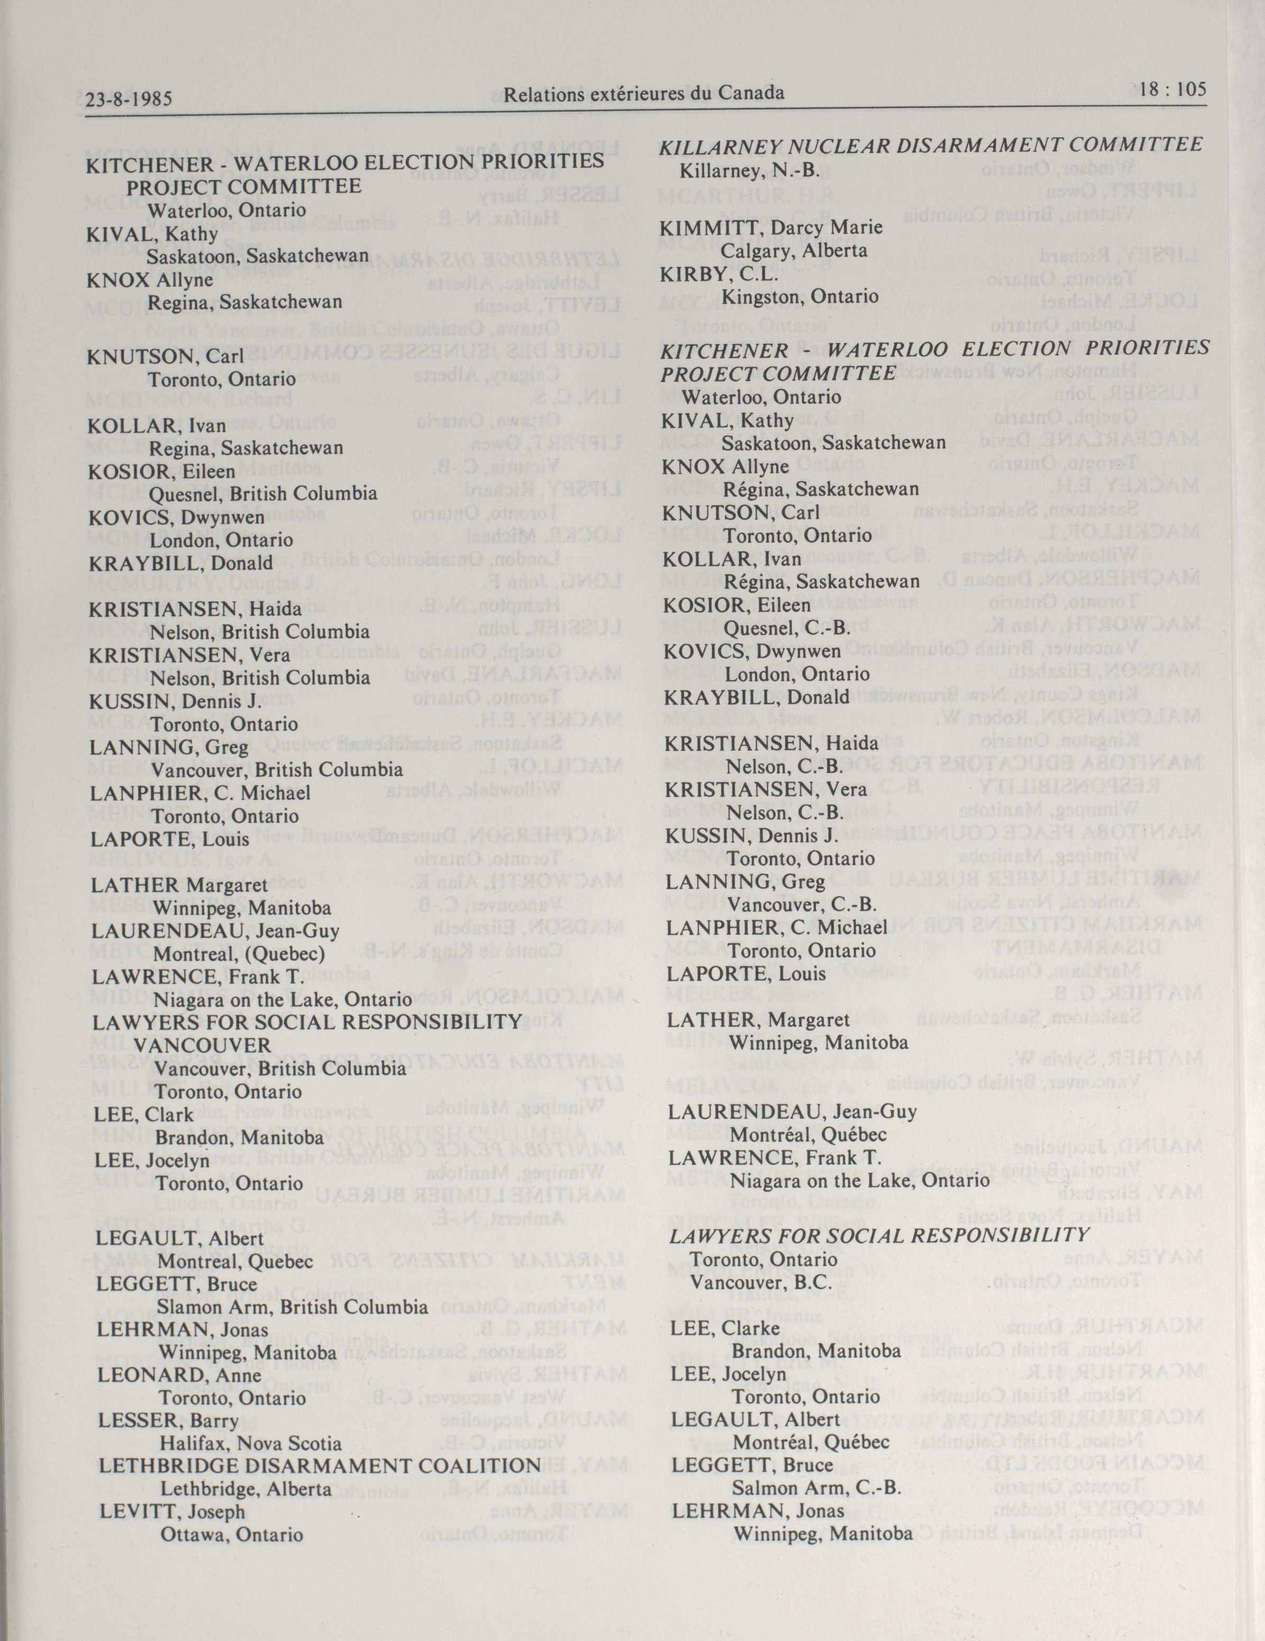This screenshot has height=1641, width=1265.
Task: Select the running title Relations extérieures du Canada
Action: pyautogui.click(x=644, y=93)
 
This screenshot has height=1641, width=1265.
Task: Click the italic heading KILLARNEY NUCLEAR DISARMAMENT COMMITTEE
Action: pyautogui.click(x=931, y=145)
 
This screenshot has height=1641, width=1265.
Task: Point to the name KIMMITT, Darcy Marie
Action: pyautogui.click(x=771, y=227)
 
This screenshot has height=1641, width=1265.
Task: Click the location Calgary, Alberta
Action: pyautogui.click(x=794, y=250)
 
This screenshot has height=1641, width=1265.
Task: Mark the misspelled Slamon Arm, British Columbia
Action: pyautogui.click(x=292, y=1307)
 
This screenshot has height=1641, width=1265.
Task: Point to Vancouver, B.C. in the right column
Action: pyautogui.click(x=760, y=1282)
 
